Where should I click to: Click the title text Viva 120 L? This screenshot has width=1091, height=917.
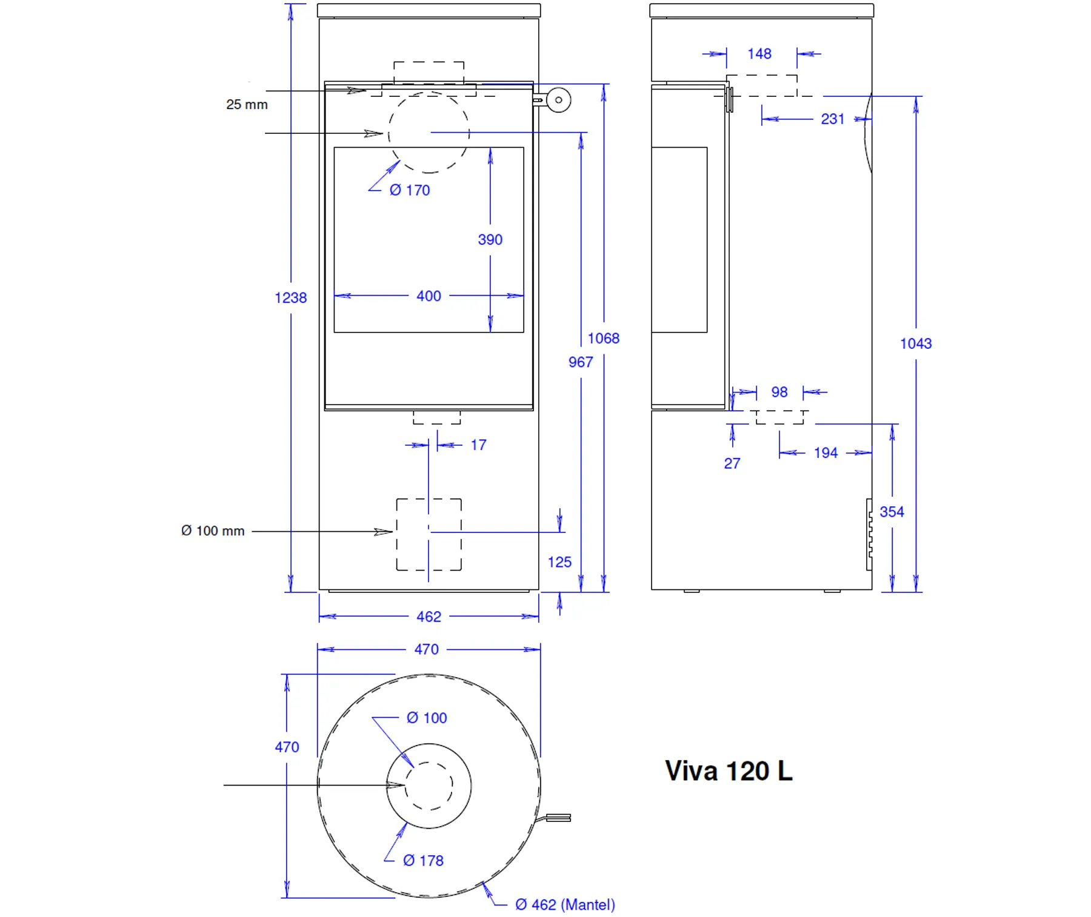tap(729, 771)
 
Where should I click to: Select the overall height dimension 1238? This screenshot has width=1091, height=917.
tap(291, 298)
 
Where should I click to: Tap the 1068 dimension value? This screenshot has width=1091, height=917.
tap(604, 339)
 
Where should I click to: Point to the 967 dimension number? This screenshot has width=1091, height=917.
tap(581, 362)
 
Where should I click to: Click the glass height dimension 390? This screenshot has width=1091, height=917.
tap(490, 240)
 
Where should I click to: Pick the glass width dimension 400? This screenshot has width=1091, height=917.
tap(429, 296)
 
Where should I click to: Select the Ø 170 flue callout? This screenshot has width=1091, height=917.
tap(410, 190)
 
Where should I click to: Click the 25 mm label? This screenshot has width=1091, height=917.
tap(247, 105)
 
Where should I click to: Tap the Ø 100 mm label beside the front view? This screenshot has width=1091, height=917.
tap(213, 531)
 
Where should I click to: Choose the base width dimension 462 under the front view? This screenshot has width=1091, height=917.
tap(429, 617)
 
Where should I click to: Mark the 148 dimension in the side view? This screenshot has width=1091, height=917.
tap(759, 54)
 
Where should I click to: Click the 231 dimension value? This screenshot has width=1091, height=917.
tap(833, 119)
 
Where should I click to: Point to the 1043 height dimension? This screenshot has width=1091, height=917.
tap(916, 344)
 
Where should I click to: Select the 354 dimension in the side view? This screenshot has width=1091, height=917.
tap(892, 512)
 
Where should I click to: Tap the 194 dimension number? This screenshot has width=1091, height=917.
tap(826, 453)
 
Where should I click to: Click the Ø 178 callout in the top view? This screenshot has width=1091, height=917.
tap(423, 861)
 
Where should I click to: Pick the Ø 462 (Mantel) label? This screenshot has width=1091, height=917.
tap(565, 905)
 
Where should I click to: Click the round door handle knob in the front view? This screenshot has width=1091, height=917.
tap(559, 100)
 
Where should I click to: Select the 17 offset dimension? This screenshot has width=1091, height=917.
tap(478, 445)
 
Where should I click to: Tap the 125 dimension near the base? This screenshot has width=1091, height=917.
tap(559, 562)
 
